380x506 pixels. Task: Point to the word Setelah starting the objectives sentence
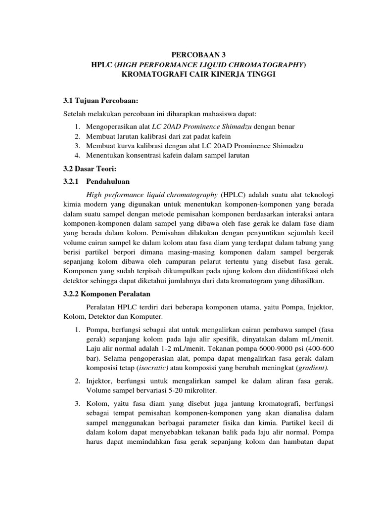click(x=70, y=115)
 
